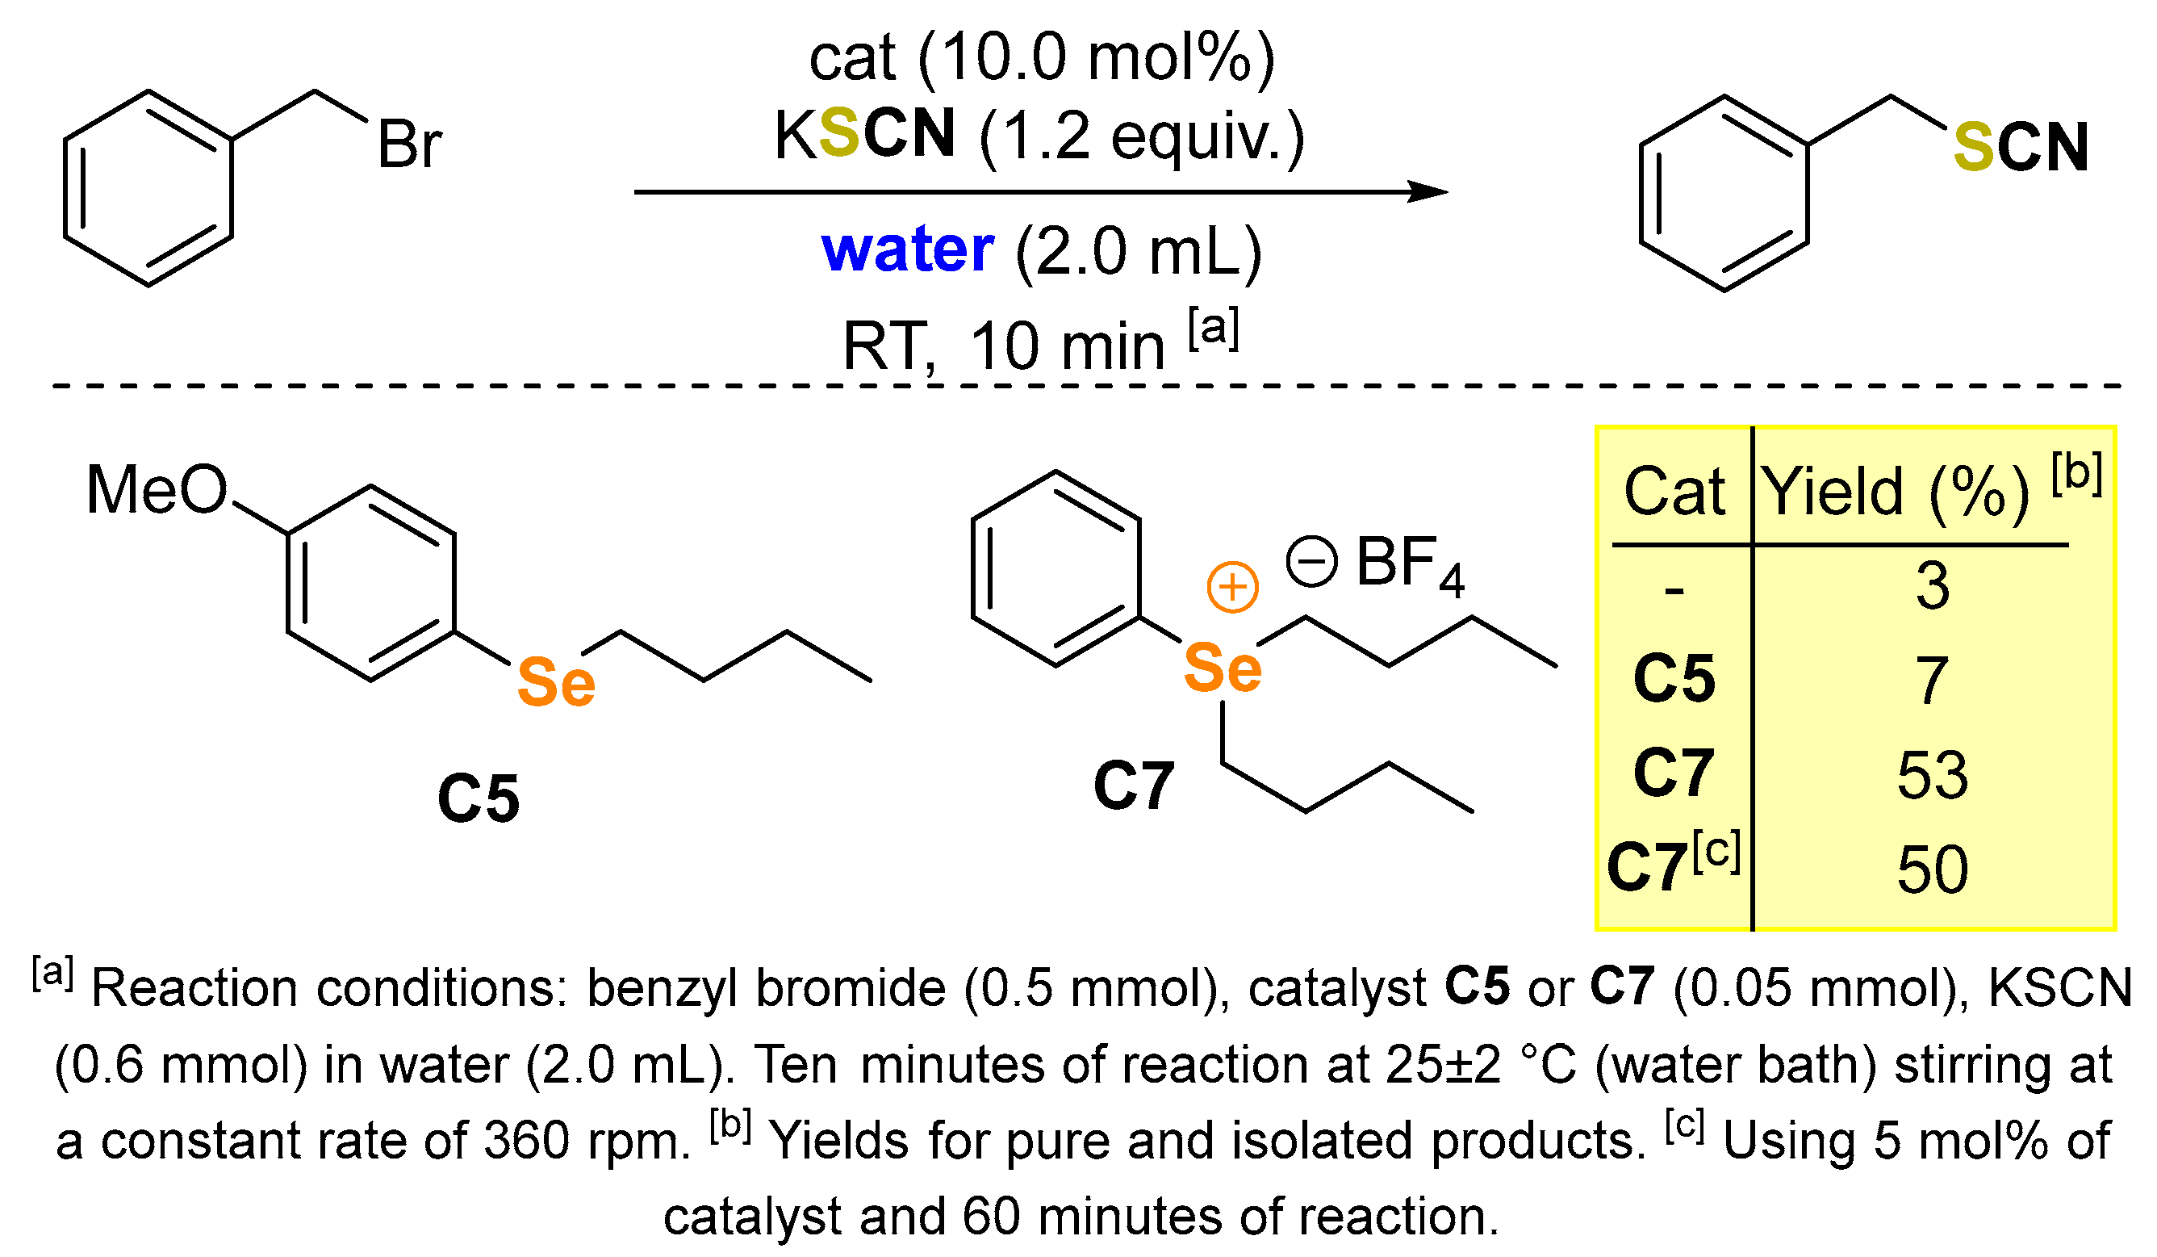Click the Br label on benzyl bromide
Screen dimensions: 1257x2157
(x=410, y=145)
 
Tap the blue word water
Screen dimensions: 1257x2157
(x=907, y=250)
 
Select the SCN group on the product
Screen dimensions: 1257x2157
(x=2020, y=147)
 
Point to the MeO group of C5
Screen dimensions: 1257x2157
(x=157, y=490)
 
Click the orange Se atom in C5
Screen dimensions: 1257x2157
(x=556, y=682)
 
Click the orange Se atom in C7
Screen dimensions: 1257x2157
(x=1223, y=668)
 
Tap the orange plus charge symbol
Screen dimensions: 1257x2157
(x=1232, y=588)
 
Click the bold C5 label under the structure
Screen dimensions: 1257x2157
(x=479, y=799)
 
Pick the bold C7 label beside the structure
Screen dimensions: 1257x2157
(x=1134, y=786)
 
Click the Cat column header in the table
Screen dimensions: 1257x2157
(x=1674, y=492)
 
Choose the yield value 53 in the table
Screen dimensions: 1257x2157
(x=1933, y=775)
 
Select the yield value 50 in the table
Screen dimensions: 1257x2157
(x=1933, y=870)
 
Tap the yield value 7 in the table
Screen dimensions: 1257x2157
(x=1933, y=681)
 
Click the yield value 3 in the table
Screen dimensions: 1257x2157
(x=1933, y=587)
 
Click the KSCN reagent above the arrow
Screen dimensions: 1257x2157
(x=864, y=136)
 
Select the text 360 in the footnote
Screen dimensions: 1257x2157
(x=527, y=1141)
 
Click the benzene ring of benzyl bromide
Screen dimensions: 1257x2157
(x=148, y=188)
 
